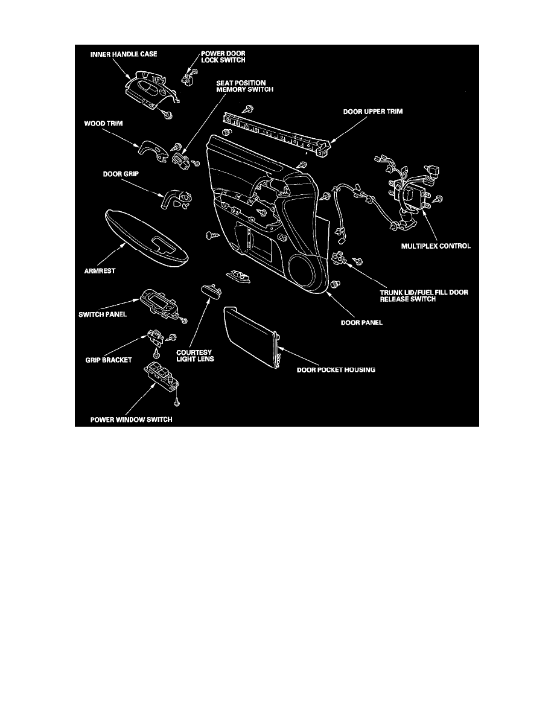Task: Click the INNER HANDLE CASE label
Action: pyautogui.click(x=124, y=54)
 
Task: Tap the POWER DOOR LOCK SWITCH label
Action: pyautogui.click(x=223, y=57)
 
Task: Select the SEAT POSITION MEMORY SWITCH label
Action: pyautogui.click(x=244, y=86)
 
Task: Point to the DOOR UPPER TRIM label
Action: pyautogui.click(x=373, y=112)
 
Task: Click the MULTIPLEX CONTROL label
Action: pyautogui.click(x=436, y=246)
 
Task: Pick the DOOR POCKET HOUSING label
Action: pyautogui.click(x=336, y=369)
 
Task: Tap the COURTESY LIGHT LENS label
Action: pyautogui.click(x=195, y=355)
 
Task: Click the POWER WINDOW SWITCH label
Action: pyautogui.click(x=131, y=419)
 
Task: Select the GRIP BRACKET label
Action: pyautogui.click(x=109, y=360)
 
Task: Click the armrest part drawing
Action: pyautogui.click(x=146, y=240)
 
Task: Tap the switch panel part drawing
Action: pyautogui.click(x=159, y=303)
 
